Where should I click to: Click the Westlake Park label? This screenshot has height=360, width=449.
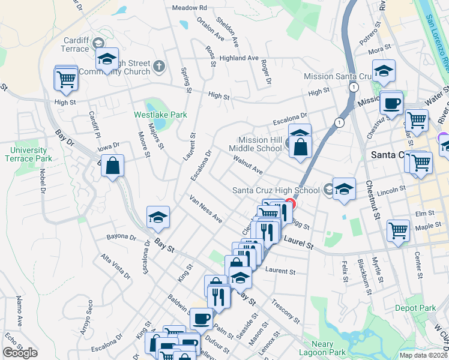coord(160,115)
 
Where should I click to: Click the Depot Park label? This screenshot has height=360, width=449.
coord(415,308)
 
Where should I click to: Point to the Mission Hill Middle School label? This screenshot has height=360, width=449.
coord(255,144)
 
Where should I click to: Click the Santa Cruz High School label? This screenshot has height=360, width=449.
coord(276,191)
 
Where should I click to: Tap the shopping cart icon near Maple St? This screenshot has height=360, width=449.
coord(399,230)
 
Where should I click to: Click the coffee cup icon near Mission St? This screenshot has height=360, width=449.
coord(391,102)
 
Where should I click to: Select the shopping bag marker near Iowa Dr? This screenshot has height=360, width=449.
coord(112,165)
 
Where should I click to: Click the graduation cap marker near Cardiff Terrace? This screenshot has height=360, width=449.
coord(107,59)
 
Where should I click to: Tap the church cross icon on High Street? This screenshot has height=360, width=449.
coord(159,65)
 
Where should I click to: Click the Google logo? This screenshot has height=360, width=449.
coord(20,353)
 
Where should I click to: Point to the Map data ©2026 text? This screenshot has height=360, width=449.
coord(423,355)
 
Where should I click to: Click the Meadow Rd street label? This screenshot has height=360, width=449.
coord(189,8)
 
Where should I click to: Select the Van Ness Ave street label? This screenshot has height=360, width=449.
coord(205,209)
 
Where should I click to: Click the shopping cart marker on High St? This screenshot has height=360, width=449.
coord(66,78)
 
